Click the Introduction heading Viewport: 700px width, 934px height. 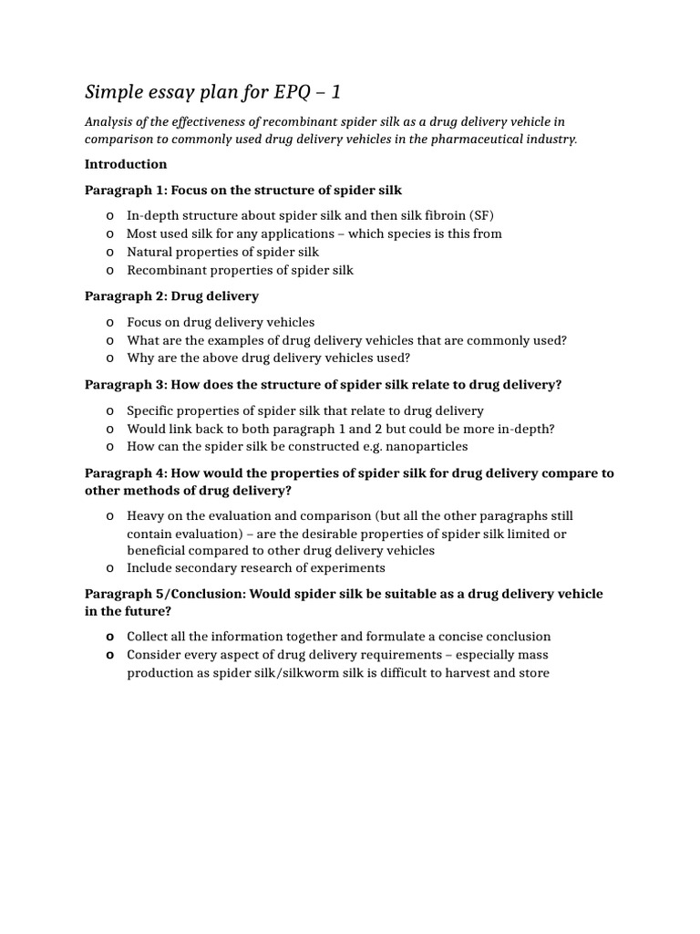click(x=126, y=164)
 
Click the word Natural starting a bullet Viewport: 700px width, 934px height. click(x=149, y=252)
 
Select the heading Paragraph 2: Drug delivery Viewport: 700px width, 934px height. click(x=171, y=296)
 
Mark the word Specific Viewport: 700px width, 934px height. click(x=151, y=410)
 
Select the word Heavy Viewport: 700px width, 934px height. click(x=147, y=515)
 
